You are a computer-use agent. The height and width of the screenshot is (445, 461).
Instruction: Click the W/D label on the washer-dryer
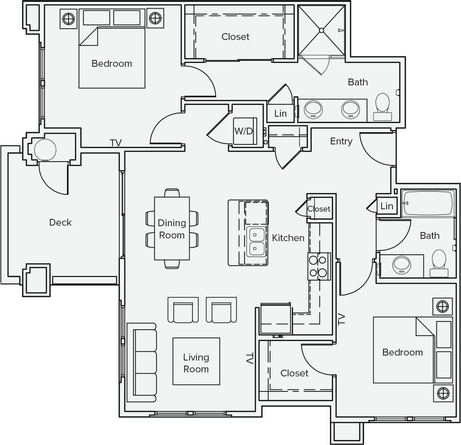tap(244, 131)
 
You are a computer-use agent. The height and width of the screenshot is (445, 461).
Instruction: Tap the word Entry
tap(341, 141)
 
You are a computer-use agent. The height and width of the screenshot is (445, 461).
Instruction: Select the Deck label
tap(60, 222)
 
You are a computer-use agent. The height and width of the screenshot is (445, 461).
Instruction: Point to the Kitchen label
tap(288, 237)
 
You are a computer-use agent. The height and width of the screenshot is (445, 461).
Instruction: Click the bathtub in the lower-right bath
tap(428, 203)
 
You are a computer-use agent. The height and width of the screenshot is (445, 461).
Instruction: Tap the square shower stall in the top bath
tap(321, 30)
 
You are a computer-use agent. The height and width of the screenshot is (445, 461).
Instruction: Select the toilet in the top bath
tap(383, 106)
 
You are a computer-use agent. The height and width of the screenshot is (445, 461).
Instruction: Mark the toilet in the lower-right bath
tap(439, 262)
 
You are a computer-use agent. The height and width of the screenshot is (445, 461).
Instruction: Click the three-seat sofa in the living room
tap(142, 362)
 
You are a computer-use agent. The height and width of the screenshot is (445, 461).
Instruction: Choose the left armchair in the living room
tap(183, 310)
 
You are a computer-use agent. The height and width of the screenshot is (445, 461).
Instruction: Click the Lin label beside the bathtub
tap(387, 206)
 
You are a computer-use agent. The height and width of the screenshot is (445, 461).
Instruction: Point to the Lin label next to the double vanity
tap(280, 113)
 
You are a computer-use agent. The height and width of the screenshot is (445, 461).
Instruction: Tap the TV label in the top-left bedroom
tap(116, 143)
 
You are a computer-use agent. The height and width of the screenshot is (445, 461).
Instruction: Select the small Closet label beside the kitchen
tap(319, 209)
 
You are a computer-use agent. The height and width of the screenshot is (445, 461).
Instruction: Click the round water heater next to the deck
tap(45, 149)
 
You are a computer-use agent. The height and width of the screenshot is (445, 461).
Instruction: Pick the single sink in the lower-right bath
tap(401, 265)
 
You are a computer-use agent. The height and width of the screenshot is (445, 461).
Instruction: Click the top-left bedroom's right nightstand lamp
tap(155, 18)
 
